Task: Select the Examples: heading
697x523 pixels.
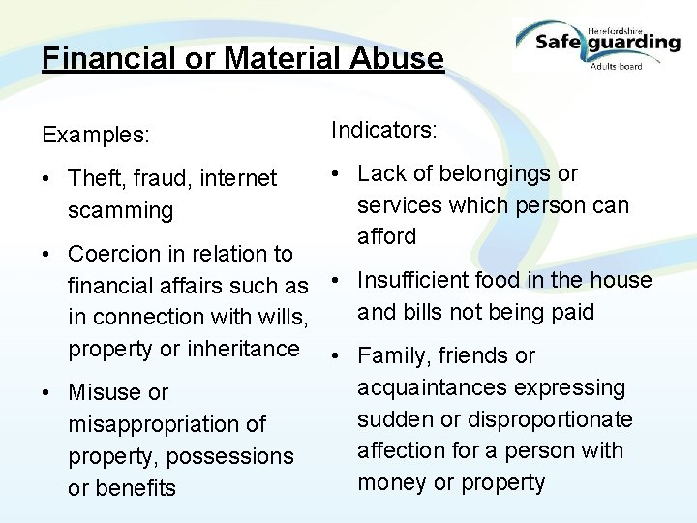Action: click(96, 135)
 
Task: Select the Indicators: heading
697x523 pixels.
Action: click(384, 130)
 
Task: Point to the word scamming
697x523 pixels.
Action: click(120, 210)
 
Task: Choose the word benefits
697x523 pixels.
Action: click(122, 488)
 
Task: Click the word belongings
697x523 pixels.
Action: click(494, 173)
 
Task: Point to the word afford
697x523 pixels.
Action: click(387, 236)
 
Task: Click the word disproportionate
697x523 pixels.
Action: click(549, 419)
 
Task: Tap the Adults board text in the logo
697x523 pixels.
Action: click(616, 66)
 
